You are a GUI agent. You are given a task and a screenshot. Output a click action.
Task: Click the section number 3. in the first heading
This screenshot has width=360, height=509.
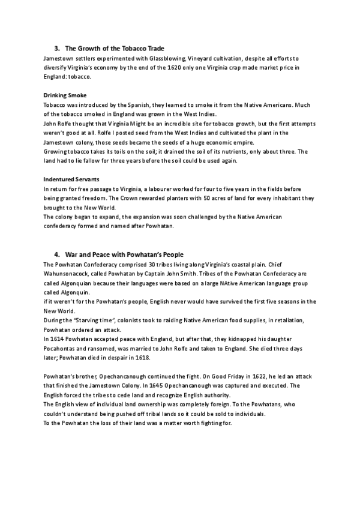click(56, 48)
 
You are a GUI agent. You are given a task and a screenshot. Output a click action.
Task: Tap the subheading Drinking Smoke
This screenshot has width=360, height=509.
click(65, 95)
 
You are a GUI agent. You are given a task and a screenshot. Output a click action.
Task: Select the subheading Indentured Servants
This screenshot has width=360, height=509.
click(71, 179)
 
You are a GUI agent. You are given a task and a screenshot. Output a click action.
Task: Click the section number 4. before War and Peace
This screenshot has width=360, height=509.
click(56, 254)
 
